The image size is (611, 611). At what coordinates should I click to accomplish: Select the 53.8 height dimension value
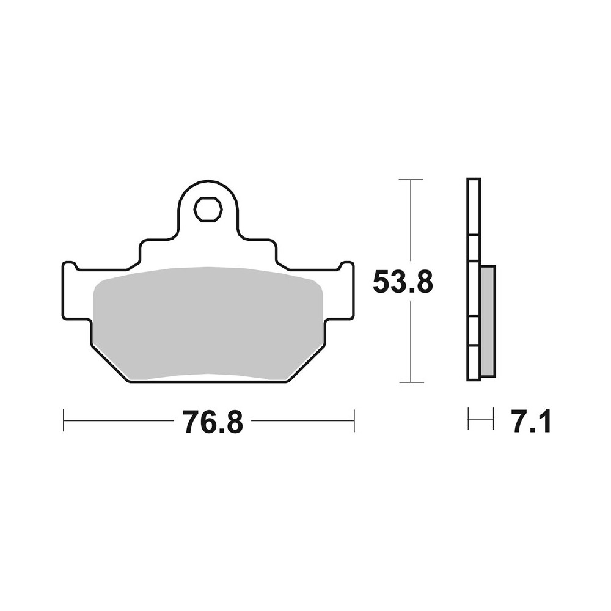(403, 283)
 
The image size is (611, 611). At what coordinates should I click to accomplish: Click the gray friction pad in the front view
(208, 324)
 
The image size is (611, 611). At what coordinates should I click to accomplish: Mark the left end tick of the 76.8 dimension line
(64, 420)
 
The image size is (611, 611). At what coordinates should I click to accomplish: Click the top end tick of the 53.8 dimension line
(411, 180)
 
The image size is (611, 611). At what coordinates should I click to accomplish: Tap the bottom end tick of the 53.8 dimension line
(411, 382)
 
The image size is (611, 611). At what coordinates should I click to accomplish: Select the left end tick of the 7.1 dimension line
(469, 419)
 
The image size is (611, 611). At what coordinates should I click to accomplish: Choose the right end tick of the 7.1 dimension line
(493, 419)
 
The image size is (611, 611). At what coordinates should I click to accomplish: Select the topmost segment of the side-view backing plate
(474, 207)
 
